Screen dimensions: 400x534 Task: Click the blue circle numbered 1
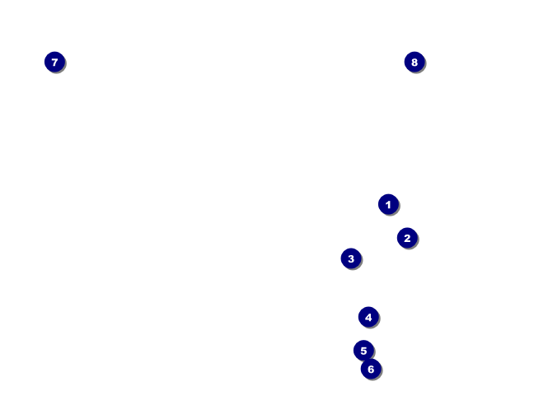click(388, 204)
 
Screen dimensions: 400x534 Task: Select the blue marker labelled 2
click(407, 238)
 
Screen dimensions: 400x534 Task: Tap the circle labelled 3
click(351, 258)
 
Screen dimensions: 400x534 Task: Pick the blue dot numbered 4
click(368, 317)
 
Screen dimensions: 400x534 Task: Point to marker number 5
click(363, 351)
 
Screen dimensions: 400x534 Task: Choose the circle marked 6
click(371, 370)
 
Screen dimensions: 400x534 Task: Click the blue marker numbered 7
click(54, 62)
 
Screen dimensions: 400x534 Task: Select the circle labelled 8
click(415, 62)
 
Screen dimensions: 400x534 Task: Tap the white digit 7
click(54, 62)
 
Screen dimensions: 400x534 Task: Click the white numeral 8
click(415, 62)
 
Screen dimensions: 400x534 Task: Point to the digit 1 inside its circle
click(388, 204)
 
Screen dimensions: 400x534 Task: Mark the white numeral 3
click(351, 258)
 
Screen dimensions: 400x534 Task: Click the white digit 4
click(368, 317)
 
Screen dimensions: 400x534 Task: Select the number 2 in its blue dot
click(407, 238)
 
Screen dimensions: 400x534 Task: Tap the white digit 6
click(371, 370)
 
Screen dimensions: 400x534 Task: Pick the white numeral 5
click(363, 351)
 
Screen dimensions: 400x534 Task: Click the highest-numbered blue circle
click(415, 62)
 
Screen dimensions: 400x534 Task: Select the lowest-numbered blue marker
click(388, 204)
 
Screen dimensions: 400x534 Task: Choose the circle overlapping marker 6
click(363, 351)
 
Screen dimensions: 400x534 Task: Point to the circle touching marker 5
click(371, 370)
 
